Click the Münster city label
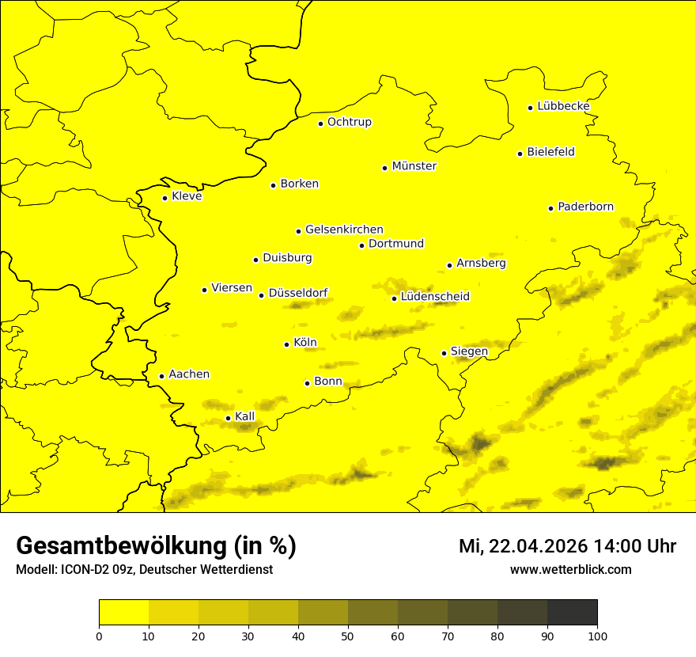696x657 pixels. coord(414,166)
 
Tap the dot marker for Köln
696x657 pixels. coord(286,344)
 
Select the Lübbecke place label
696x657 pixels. coord(563,106)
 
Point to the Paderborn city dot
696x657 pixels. coord(550,208)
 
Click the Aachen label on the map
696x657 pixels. coord(189,374)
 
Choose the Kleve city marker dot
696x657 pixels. coord(165,198)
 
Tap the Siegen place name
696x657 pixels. coord(469,351)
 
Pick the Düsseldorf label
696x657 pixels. coord(298,293)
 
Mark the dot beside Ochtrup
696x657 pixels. coord(320,123)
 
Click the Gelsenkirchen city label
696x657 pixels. coord(344,230)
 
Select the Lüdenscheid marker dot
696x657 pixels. coord(394,298)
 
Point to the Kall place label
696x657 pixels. coord(245,416)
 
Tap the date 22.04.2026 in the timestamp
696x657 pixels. coord(538,546)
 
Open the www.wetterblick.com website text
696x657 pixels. coord(570,569)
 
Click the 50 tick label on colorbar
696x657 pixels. coord(348,636)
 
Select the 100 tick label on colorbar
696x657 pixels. coord(597,636)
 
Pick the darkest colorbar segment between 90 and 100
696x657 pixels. coord(572,613)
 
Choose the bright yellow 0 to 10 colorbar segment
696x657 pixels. coord(123,613)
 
